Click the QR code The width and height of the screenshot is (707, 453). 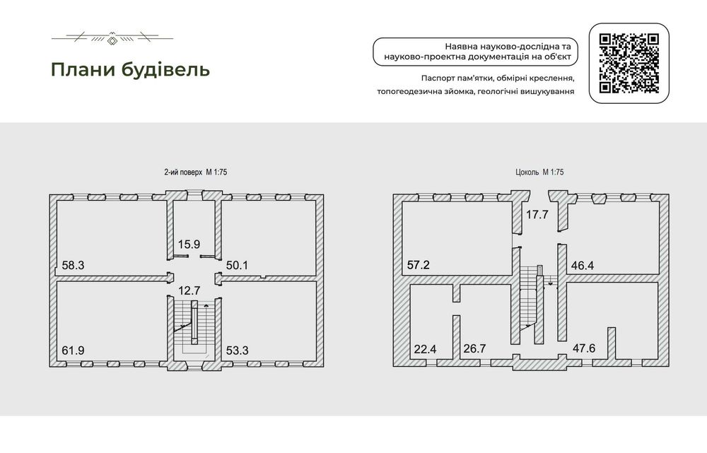629,64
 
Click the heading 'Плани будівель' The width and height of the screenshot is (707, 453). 130,70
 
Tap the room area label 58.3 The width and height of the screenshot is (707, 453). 73,265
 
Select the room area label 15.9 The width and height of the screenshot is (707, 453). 189,245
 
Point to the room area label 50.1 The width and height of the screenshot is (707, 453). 237,265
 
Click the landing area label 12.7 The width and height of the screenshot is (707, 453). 189,291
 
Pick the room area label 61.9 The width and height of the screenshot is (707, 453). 73,351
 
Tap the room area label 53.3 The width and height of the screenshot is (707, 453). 237,351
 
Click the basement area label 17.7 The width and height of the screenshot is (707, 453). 537,215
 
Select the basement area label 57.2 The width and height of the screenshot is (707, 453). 419,264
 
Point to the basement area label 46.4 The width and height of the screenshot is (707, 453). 583,265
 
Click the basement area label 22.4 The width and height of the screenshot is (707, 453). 425,349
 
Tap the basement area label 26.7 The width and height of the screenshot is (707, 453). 475,349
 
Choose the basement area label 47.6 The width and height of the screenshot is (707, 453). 584,348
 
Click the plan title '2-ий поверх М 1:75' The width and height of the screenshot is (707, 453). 195,172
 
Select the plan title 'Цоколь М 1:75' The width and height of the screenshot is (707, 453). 539,172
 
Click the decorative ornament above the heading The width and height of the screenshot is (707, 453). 112,38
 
